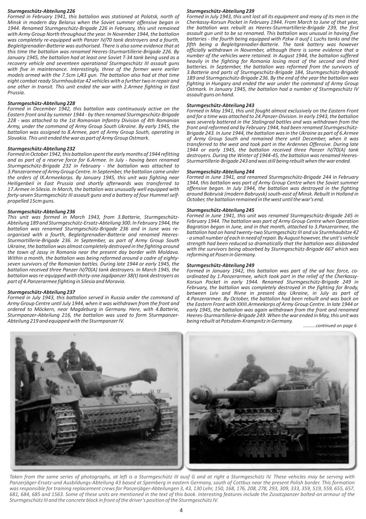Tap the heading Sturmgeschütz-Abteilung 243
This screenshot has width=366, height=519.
220,105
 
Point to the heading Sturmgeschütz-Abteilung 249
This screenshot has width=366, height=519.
220,265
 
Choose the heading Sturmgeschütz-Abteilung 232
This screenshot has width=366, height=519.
41,149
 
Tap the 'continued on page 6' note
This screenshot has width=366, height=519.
330,325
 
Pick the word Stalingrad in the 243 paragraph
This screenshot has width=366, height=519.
257,121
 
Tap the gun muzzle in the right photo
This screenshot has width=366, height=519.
196,392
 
